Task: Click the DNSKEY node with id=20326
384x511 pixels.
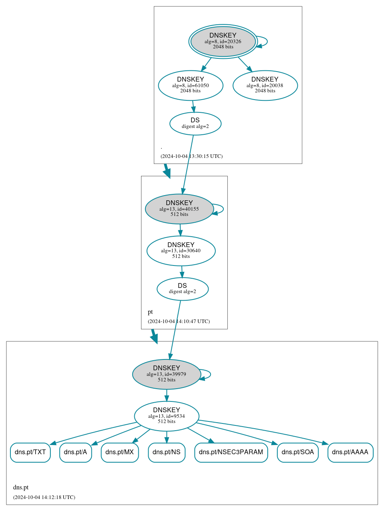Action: click(x=223, y=41)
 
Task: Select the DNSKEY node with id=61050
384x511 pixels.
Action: click(x=191, y=85)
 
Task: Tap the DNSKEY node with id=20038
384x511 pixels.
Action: click(x=265, y=85)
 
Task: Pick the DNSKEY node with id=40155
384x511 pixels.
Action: click(x=179, y=209)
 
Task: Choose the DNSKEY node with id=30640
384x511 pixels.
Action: click(x=181, y=251)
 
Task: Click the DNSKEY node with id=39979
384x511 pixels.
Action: click(x=167, y=374)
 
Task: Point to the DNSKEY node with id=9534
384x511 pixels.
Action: click(x=167, y=416)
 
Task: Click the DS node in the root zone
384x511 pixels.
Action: click(x=195, y=124)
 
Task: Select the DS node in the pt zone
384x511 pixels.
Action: click(x=183, y=289)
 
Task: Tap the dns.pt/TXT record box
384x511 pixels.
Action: click(x=30, y=452)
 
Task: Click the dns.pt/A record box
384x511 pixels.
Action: click(x=76, y=452)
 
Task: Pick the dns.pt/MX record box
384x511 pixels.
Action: click(x=120, y=452)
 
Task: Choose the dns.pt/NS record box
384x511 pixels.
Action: click(x=167, y=452)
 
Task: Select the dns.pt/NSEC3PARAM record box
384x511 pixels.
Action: click(x=231, y=452)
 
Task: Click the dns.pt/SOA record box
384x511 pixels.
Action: click(x=298, y=452)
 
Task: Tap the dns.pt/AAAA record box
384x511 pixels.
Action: click(x=350, y=452)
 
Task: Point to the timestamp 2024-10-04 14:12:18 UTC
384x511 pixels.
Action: click(x=44, y=497)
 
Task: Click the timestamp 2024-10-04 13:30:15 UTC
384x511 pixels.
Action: click(x=191, y=156)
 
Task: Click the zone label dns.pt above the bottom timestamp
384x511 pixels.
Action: click(x=21, y=487)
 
